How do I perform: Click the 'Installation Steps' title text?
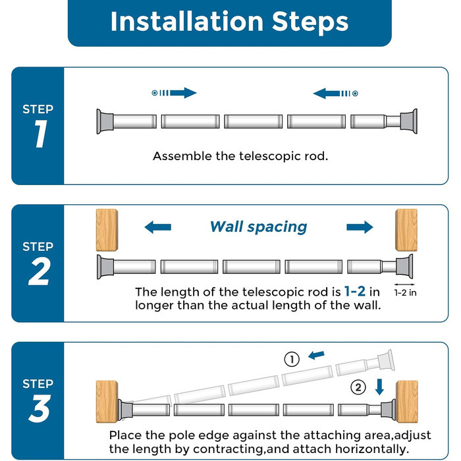[x=229, y=21]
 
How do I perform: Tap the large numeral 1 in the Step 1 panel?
[x=40, y=134]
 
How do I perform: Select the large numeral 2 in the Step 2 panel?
[x=39, y=271]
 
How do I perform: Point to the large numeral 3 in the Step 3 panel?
[x=40, y=408]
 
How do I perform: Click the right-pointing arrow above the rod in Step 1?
[x=174, y=93]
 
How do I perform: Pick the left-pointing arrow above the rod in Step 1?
[x=335, y=94]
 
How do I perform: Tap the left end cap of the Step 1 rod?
[x=105, y=121]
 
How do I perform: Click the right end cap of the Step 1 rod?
[x=409, y=121]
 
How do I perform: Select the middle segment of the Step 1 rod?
[x=253, y=121]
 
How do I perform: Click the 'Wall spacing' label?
[x=258, y=227]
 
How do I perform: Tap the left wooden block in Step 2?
[x=107, y=230]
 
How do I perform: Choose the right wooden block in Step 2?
[x=406, y=230]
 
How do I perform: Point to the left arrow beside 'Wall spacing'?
[x=158, y=227]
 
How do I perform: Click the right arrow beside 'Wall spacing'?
[x=360, y=227]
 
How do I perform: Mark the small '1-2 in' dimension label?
[x=405, y=292]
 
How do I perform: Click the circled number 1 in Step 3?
[x=292, y=360]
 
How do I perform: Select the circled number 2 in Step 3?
[x=358, y=387]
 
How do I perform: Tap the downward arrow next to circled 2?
[x=379, y=387]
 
